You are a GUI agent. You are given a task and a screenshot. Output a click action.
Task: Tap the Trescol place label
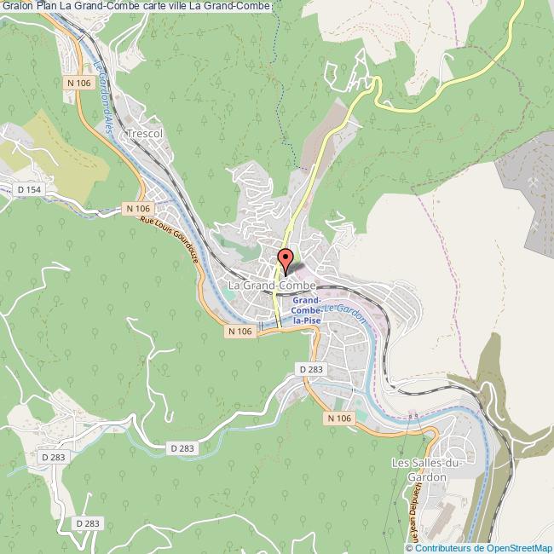[x=142, y=135]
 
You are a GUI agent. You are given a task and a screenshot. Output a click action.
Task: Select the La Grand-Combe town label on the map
[x=272, y=284]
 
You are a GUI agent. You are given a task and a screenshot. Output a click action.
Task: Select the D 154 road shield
[x=29, y=188]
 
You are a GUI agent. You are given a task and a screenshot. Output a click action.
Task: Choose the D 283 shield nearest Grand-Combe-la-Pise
[x=312, y=368]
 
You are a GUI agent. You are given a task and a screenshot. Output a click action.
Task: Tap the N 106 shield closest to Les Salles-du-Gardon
[x=338, y=418]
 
